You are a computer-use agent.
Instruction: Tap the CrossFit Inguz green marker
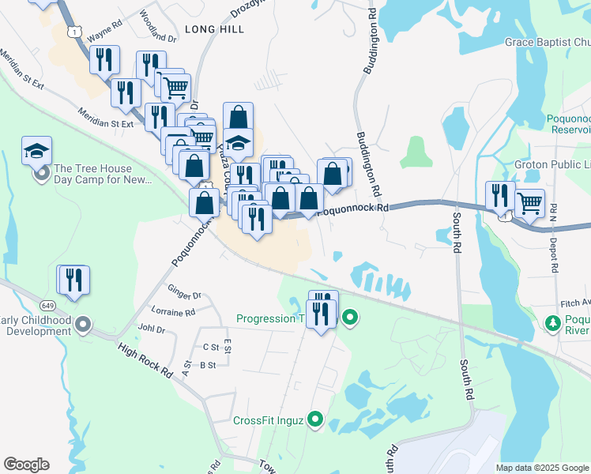[x=316, y=419]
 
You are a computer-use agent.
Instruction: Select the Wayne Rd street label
[x=105, y=36]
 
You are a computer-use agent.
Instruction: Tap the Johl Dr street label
[x=151, y=329]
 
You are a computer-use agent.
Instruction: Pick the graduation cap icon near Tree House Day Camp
[x=36, y=150]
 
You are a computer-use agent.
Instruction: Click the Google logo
[x=26, y=465]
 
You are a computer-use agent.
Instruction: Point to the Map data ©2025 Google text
[x=542, y=468]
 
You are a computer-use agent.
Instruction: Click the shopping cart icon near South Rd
[x=529, y=203]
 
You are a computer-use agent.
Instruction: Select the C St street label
[x=210, y=346]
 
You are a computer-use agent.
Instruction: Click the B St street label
[x=208, y=364]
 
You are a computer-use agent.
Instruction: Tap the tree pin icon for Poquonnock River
[x=553, y=323]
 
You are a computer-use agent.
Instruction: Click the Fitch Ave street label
[x=574, y=303]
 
